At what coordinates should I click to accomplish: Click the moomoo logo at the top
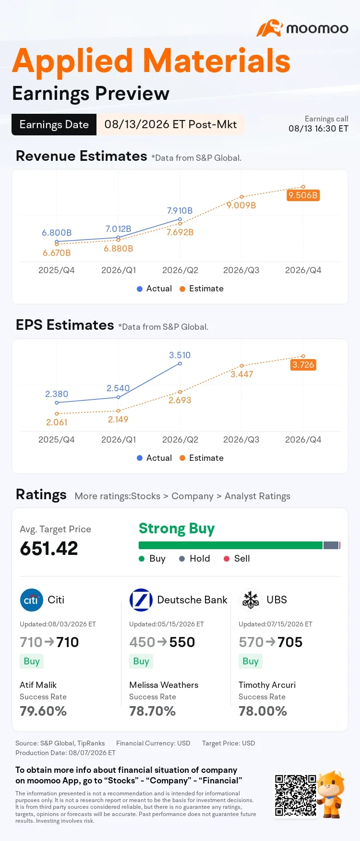point(302,28)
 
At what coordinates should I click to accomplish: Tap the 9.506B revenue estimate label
point(303,195)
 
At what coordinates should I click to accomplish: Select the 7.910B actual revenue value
point(180,211)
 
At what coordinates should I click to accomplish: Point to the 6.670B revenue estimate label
point(57,253)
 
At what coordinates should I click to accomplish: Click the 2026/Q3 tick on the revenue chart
point(241,270)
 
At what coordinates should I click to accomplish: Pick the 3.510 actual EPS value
point(180,355)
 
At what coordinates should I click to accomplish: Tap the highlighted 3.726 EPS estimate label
point(303,365)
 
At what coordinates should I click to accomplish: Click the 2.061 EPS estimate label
point(57,422)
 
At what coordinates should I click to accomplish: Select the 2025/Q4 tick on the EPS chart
point(56,440)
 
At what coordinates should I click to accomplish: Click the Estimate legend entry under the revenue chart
point(202,288)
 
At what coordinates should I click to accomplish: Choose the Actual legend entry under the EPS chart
point(154,458)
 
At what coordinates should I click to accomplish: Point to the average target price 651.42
point(49,549)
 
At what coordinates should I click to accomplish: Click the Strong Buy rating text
point(177,529)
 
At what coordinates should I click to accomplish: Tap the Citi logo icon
point(31,600)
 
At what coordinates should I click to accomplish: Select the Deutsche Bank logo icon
point(141,600)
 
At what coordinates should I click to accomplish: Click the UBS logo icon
point(251,600)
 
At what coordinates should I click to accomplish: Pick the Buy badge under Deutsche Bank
point(141,661)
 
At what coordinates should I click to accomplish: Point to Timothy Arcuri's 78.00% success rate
point(263,711)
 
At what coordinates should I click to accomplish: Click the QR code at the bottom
point(296,795)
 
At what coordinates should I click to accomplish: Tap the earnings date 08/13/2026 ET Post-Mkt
point(170,125)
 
